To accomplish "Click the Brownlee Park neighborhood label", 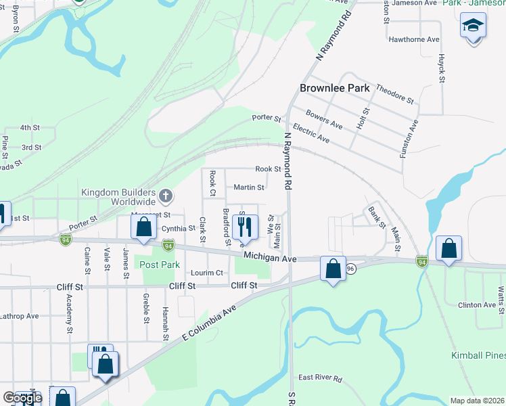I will [336, 88].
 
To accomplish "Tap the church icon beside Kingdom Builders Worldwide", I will [166, 197].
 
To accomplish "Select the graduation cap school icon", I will [473, 27].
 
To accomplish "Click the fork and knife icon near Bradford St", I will [245, 227].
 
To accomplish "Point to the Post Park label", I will [160, 265].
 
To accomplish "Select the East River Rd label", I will [320, 378].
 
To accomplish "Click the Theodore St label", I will [394, 94].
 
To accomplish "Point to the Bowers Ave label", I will [324, 119].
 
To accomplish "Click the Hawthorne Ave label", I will [414, 39].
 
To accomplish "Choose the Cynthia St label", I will [178, 229].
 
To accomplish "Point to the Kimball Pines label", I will [478, 355].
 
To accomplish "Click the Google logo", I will [22, 397].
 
